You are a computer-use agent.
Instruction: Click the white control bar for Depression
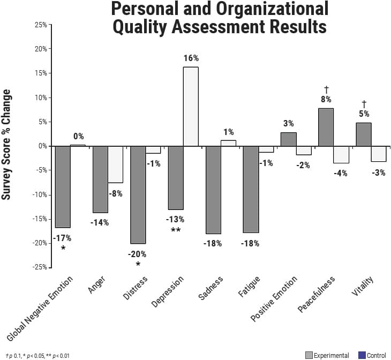[191, 107]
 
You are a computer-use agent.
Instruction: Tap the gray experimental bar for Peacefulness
[326, 127]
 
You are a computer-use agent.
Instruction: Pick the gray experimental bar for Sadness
[213, 190]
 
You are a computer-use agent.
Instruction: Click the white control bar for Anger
[115, 164]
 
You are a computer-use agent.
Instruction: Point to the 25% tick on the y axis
[40, 25]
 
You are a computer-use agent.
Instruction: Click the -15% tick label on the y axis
[39, 219]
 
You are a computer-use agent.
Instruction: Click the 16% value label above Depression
[191, 58]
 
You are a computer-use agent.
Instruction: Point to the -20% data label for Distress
[137, 254]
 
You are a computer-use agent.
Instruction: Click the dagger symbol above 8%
[326, 88]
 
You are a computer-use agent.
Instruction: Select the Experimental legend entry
[327, 355]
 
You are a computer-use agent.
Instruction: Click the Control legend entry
[372, 355]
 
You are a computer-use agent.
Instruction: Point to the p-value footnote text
[37, 356]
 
